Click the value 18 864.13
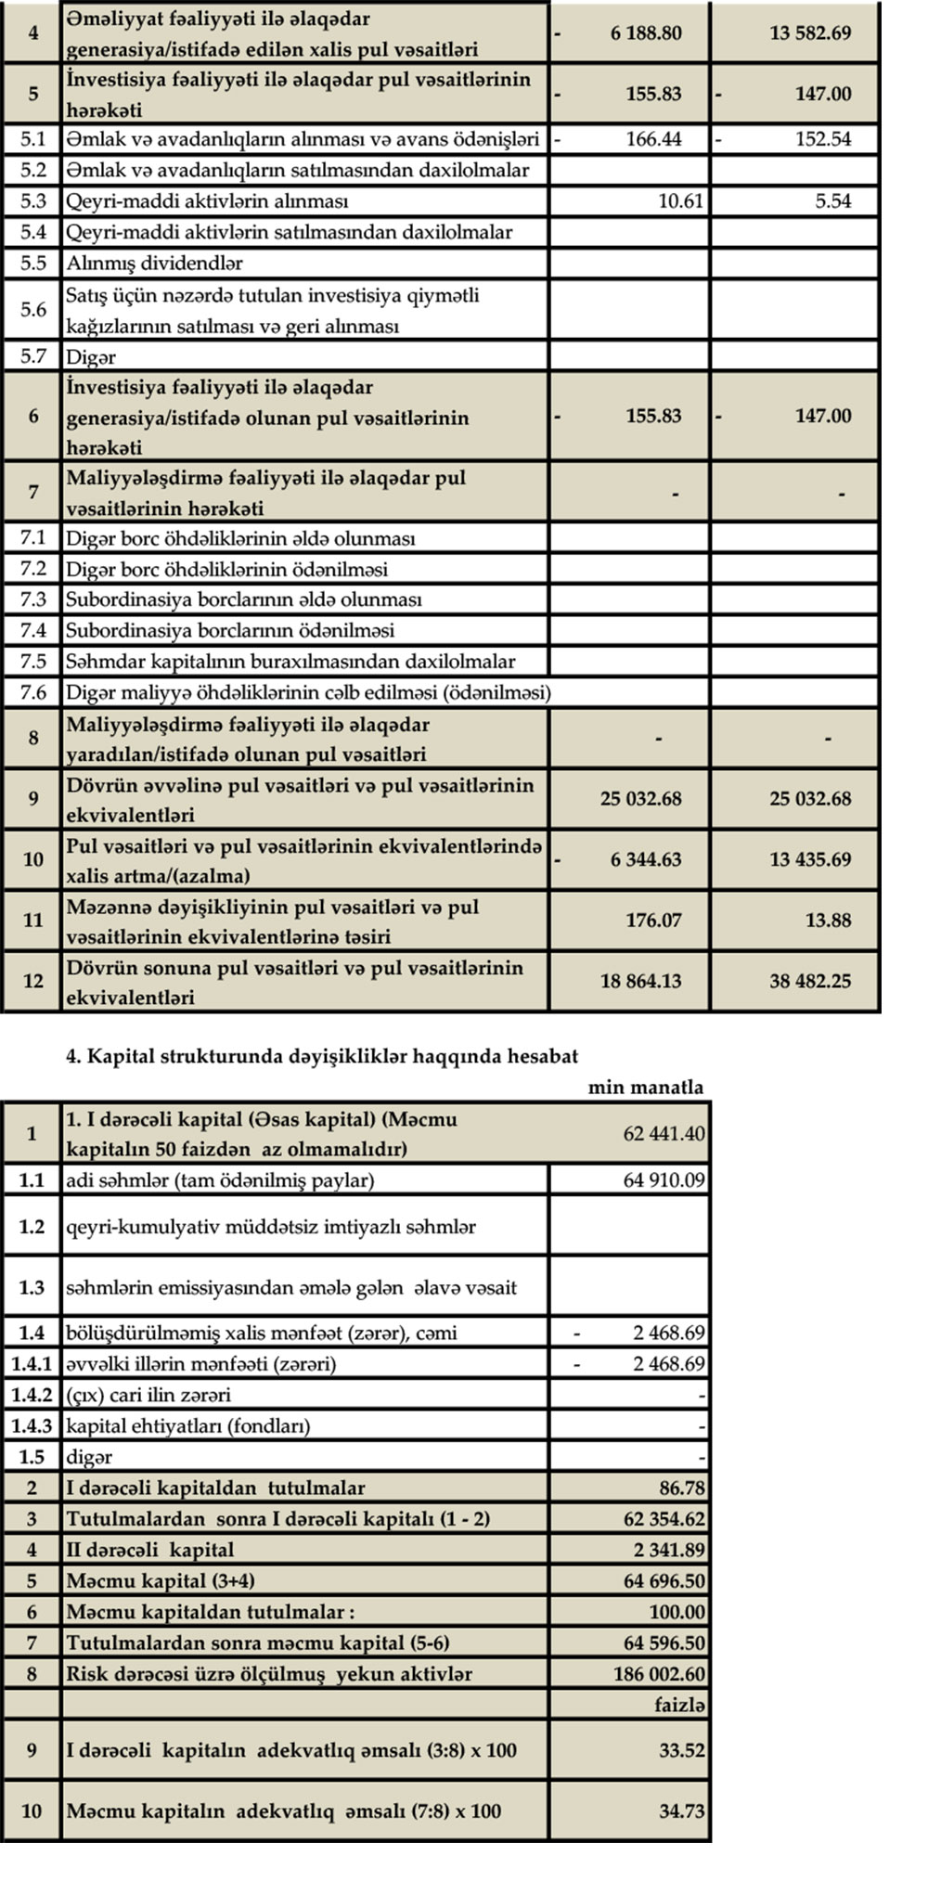640,981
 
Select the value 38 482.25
809,981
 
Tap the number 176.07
653,920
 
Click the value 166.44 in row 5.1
653,139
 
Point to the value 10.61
680,200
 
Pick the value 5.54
832,200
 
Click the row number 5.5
33,263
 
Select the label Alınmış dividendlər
154,263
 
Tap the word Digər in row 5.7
90,356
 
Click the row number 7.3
33,599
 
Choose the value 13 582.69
809,32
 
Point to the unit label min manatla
645,1087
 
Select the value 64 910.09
664,1180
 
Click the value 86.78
681,1488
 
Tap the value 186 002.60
659,1674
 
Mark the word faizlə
679,1705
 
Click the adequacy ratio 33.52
682,1750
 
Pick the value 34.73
682,1810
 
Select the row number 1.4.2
32,1395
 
